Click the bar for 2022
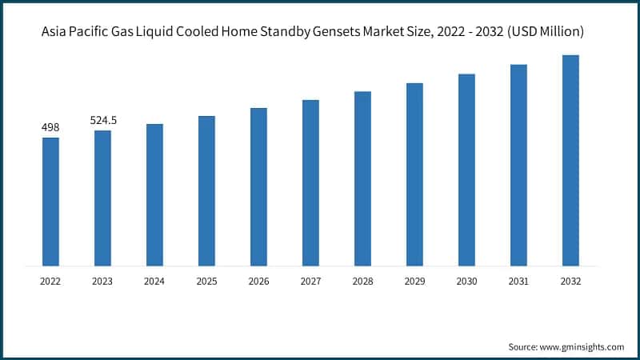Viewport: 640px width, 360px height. [50, 202]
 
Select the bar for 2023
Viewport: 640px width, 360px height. [102, 198]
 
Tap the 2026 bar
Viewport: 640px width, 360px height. [258, 186]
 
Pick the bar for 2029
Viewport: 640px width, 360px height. [414, 174]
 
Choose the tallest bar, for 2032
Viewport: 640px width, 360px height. [570, 160]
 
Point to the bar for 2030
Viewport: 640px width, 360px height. [466, 170]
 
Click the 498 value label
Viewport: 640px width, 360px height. [50, 127]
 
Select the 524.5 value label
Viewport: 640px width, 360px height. [102, 120]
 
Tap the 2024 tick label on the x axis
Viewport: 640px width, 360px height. [154, 282]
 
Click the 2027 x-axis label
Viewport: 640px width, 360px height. [310, 282]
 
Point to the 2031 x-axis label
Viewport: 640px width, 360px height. [518, 282]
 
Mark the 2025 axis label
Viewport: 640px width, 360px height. [206, 282]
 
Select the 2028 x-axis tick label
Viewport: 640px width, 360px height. [362, 282]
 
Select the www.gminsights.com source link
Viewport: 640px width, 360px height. [582, 346]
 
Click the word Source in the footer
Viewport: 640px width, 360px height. [522, 346]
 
